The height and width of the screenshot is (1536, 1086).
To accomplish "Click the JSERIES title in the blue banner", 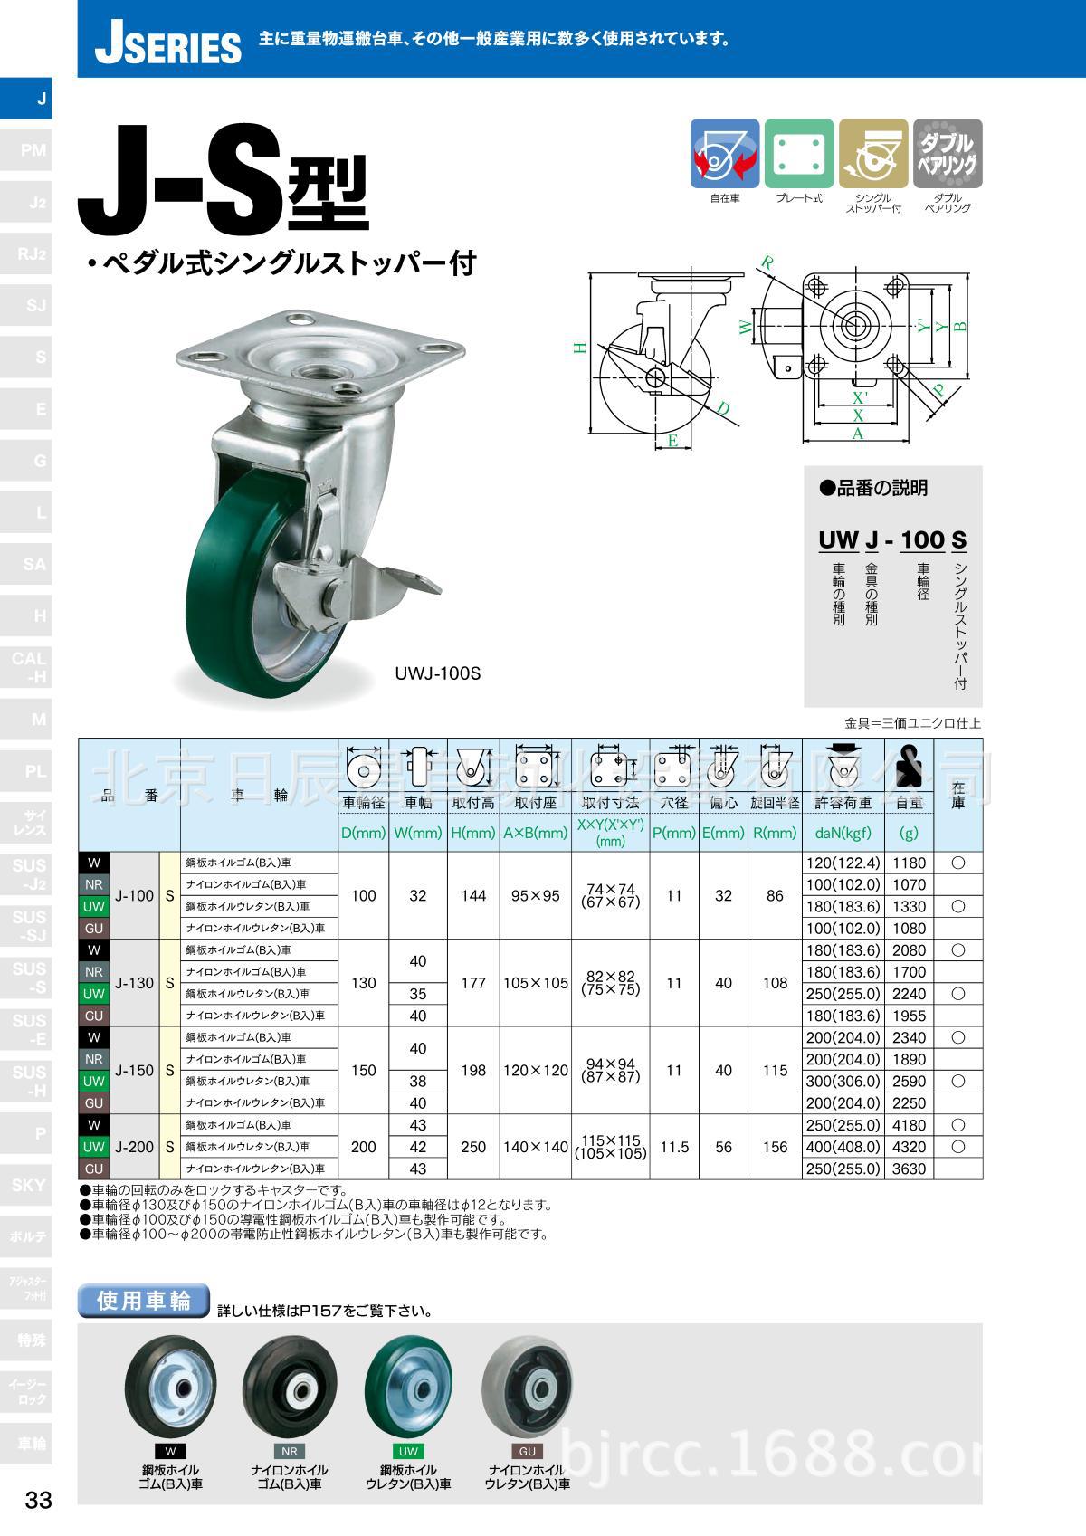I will (167, 43).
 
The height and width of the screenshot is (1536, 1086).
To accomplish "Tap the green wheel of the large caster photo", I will (226, 597).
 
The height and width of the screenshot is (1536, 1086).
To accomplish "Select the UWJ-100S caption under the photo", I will (437, 673).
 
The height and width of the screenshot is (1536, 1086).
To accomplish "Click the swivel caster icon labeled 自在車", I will (724, 153).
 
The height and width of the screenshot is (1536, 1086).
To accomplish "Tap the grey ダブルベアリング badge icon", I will (948, 153).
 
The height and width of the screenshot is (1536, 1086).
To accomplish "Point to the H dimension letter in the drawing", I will (579, 347).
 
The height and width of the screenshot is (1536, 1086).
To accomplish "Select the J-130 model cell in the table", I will (134, 982).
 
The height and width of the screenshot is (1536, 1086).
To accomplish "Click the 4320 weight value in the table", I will (909, 1147).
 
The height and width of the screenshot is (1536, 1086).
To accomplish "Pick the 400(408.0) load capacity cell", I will (843, 1147).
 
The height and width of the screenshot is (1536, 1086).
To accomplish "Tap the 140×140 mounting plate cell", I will (535, 1147).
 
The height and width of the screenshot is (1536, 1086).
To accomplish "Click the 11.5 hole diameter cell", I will (673, 1147).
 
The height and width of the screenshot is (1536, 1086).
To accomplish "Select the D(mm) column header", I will (364, 833).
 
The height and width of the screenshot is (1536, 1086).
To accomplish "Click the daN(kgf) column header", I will (843, 833).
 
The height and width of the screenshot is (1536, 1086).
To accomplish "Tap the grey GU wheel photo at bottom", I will (528, 1391).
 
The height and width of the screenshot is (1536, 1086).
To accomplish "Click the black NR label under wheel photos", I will (290, 1451).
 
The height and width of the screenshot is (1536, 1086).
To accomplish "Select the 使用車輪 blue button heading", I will (145, 1301).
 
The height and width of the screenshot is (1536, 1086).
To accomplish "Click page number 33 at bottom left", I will (38, 1500).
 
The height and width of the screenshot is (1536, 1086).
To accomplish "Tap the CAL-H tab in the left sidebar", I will (29, 667).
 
